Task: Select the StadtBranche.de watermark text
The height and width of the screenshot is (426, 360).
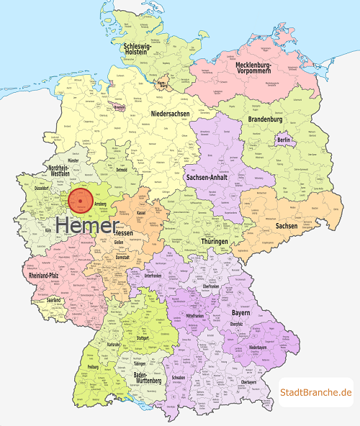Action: coord(317,392)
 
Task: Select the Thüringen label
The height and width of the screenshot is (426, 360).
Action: coord(210,242)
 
